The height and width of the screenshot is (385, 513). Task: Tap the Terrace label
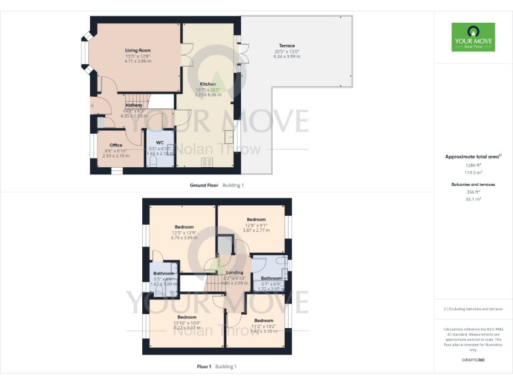click(x=287, y=45)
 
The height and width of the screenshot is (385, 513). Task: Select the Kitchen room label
click(x=208, y=84)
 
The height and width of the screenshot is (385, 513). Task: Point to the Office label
click(x=116, y=145)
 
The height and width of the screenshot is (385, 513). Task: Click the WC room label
click(x=160, y=142)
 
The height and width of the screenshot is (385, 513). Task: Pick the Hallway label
click(x=134, y=105)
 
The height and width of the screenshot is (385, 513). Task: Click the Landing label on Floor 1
click(x=234, y=272)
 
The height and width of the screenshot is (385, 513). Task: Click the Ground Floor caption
click(x=204, y=184)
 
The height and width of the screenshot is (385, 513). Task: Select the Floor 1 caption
click(x=204, y=366)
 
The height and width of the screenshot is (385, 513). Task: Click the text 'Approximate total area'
click(x=472, y=156)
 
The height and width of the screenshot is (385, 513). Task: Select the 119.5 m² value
click(x=473, y=172)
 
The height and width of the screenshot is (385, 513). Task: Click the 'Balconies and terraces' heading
click(x=473, y=183)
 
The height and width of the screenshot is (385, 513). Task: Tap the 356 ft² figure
click(x=473, y=191)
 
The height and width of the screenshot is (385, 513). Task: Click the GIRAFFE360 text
click(x=473, y=360)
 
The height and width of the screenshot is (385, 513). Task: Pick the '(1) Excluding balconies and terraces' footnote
click(x=473, y=309)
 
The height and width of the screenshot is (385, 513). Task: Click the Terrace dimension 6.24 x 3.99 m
click(x=287, y=57)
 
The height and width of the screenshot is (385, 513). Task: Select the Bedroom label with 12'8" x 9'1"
click(x=256, y=219)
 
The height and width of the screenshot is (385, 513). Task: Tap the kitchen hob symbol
click(x=207, y=161)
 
